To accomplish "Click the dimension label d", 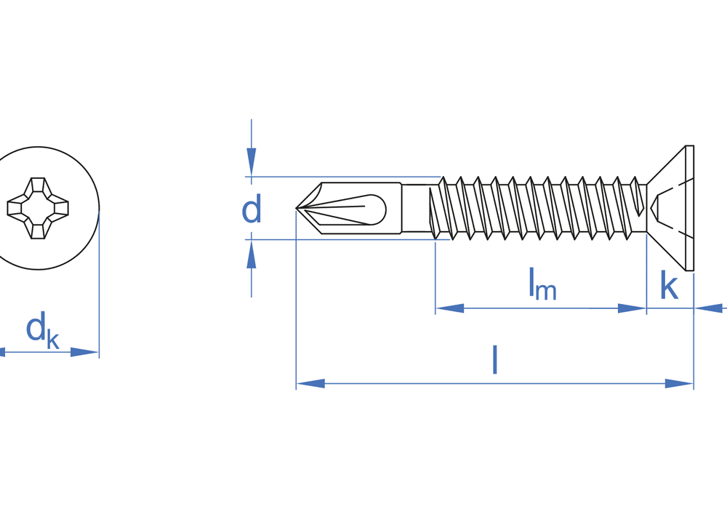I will point(252,210).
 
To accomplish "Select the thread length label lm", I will point(542,284).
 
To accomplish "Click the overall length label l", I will point(495,359).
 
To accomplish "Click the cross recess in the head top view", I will point(38,208).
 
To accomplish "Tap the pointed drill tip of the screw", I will point(299,209).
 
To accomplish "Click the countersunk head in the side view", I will point(672,208).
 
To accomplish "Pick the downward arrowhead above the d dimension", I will point(252,161).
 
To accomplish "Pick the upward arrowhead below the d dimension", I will point(252,255).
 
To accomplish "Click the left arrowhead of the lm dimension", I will point(450,308).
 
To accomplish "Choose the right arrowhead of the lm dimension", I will point(632,308).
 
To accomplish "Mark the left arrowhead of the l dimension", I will point(310,383).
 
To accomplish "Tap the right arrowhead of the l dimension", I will point(680,383).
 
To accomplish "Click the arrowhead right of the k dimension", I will point(709,308).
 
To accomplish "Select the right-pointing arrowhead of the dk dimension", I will point(84,352).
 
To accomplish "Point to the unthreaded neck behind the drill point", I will point(416,208).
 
